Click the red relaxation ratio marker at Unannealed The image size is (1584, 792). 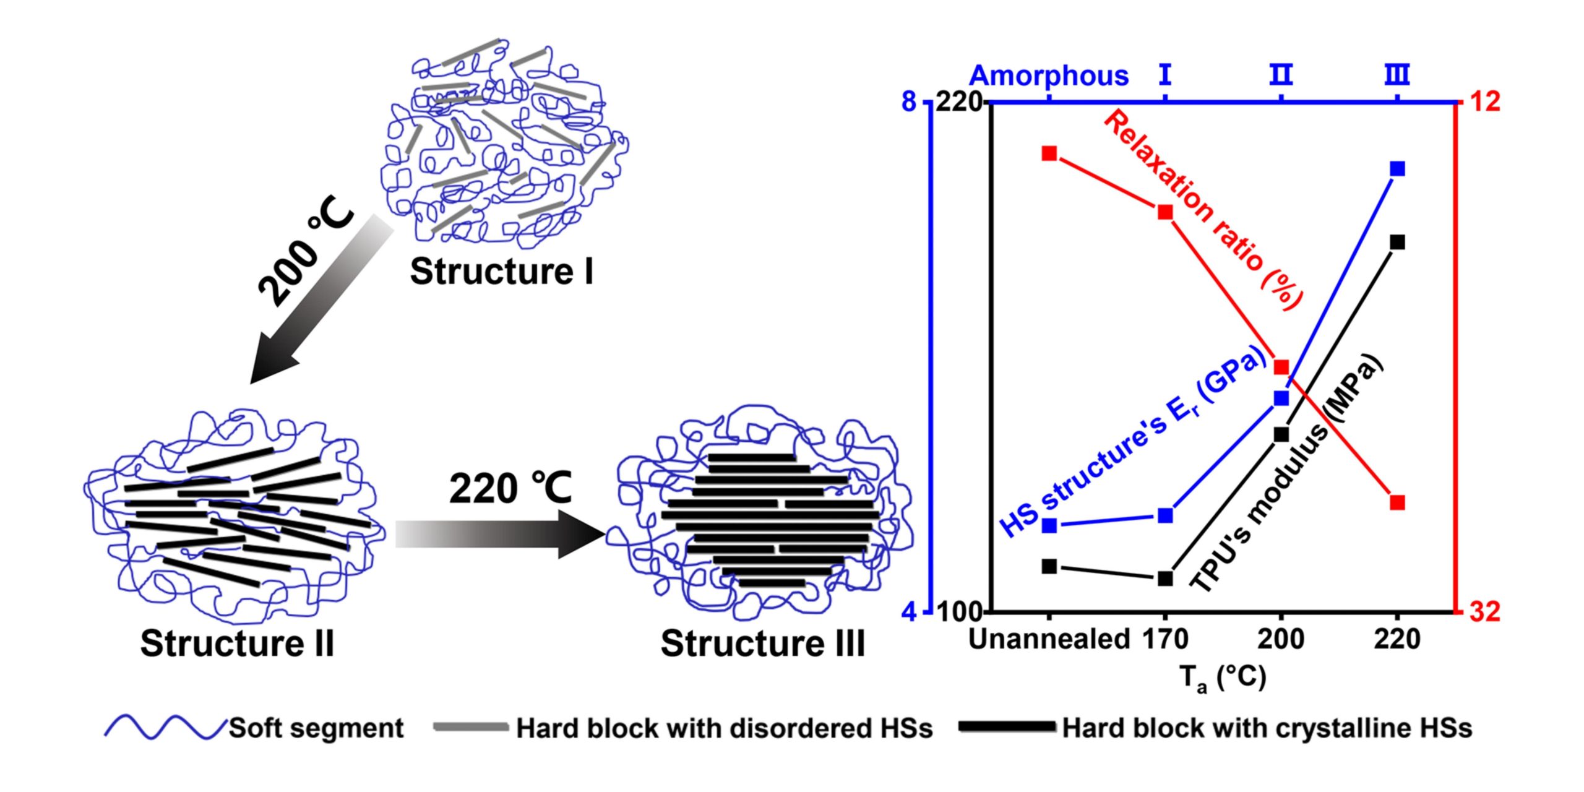click(1049, 153)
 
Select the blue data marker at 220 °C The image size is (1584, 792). click(1397, 169)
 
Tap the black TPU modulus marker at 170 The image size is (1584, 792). click(1165, 579)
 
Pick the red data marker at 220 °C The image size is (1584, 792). click(1397, 502)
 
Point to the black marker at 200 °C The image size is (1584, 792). click(1281, 434)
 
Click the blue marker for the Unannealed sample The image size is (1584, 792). click(1049, 526)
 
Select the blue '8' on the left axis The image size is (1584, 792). click(908, 101)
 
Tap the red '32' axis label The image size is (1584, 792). click(1485, 612)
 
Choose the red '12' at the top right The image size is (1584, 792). click(1485, 101)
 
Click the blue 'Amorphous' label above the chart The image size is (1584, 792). click(1049, 76)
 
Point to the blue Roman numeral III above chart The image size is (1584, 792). click(1397, 75)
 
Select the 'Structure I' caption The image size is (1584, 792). click(501, 272)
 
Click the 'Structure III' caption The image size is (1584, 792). click(762, 643)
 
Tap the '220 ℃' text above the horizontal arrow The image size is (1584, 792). click(510, 489)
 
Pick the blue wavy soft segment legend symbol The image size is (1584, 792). click(165, 728)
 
